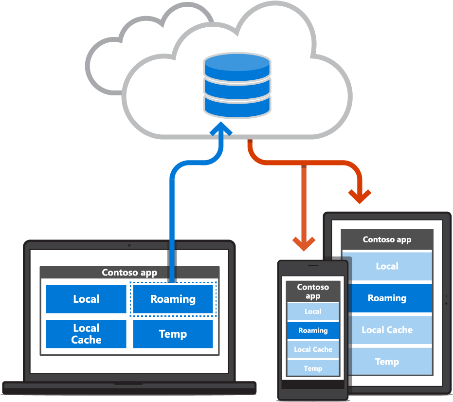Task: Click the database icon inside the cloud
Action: tap(237, 86)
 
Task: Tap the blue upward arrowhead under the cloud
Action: tap(220, 131)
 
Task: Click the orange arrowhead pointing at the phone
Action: tap(304, 242)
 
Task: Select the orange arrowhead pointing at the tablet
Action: tap(360, 196)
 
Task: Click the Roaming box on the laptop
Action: tap(173, 299)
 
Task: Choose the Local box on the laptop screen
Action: tap(86, 299)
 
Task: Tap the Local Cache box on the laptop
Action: tap(86, 334)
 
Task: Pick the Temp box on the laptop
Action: tap(173, 334)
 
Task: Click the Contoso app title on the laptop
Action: tap(129, 273)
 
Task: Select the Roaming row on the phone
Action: tap(313, 330)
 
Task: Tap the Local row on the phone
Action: tap(313, 311)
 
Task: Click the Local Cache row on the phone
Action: tap(313, 349)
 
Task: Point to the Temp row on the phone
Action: tap(313, 368)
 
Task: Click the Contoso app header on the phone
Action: tap(313, 292)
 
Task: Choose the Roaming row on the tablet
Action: tap(387, 298)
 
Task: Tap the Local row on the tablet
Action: tap(387, 266)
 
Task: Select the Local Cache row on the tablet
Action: tap(387, 330)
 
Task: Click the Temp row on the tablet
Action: tap(387, 362)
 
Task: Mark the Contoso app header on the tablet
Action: tap(387, 239)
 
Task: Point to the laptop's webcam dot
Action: tap(129, 245)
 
